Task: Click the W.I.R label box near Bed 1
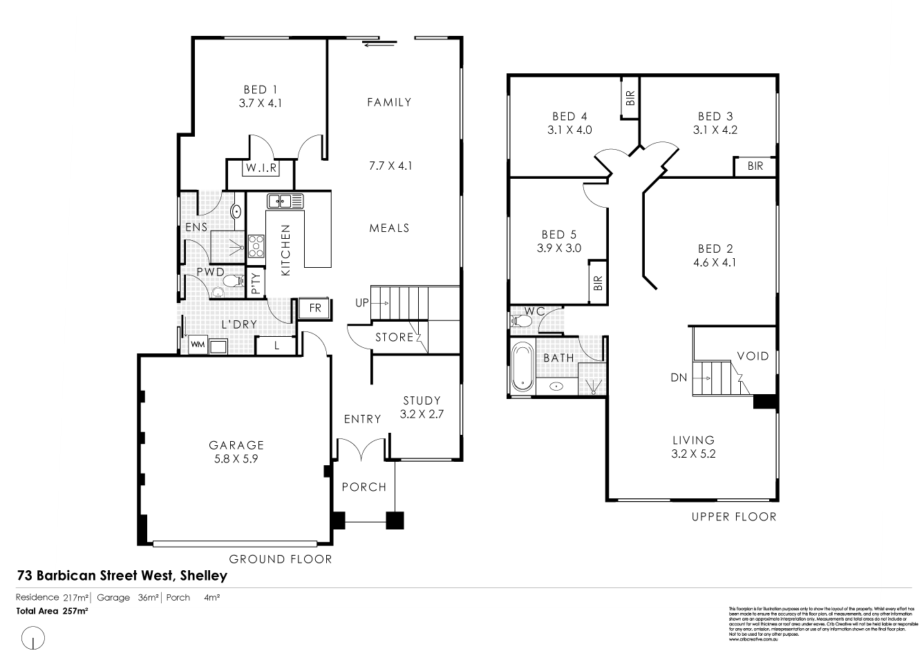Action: [x=261, y=167]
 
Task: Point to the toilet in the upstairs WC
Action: [x=519, y=321]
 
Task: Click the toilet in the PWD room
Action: [x=233, y=281]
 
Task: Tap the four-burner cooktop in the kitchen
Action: [x=257, y=245]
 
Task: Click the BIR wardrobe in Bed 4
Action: [x=630, y=98]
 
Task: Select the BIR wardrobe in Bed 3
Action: [x=755, y=166]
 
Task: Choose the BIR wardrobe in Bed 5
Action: [x=598, y=282]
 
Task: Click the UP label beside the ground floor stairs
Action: [x=362, y=303]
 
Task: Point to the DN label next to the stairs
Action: [x=678, y=378]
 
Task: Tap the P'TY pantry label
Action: [x=256, y=283]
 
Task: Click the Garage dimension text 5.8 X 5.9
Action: [x=237, y=458]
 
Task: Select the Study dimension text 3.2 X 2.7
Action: [x=421, y=414]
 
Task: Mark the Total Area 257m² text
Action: [x=53, y=611]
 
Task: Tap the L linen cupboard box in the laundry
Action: [x=276, y=345]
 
